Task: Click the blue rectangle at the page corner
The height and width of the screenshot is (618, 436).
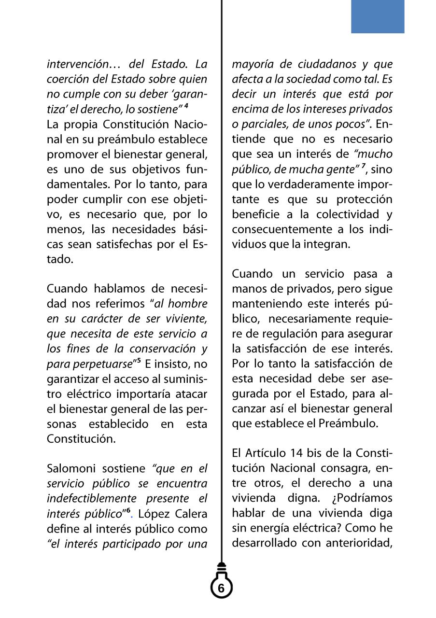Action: [x=377, y=16]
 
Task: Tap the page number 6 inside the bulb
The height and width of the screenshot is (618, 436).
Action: [x=221, y=588]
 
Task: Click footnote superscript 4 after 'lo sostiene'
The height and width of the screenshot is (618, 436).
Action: [x=186, y=106]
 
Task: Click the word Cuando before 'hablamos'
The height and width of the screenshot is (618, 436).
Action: [x=67, y=289]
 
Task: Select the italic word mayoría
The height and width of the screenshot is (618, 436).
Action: [x=253, y=64]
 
